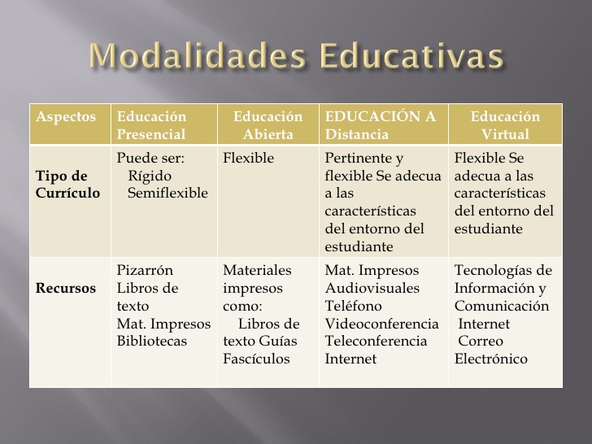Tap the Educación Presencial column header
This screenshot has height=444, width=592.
152,125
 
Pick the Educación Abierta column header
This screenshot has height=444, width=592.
268,125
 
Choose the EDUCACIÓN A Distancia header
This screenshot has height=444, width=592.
380,125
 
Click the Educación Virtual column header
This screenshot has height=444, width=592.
505,125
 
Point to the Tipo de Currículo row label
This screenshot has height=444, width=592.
67,185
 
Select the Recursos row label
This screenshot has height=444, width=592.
65,288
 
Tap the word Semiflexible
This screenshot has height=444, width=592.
168,193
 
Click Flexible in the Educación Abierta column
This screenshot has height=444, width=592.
248,158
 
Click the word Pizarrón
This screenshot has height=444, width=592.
145,270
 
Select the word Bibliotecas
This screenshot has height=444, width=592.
152,341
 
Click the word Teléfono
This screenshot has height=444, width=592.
353,306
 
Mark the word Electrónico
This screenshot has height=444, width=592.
491,359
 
